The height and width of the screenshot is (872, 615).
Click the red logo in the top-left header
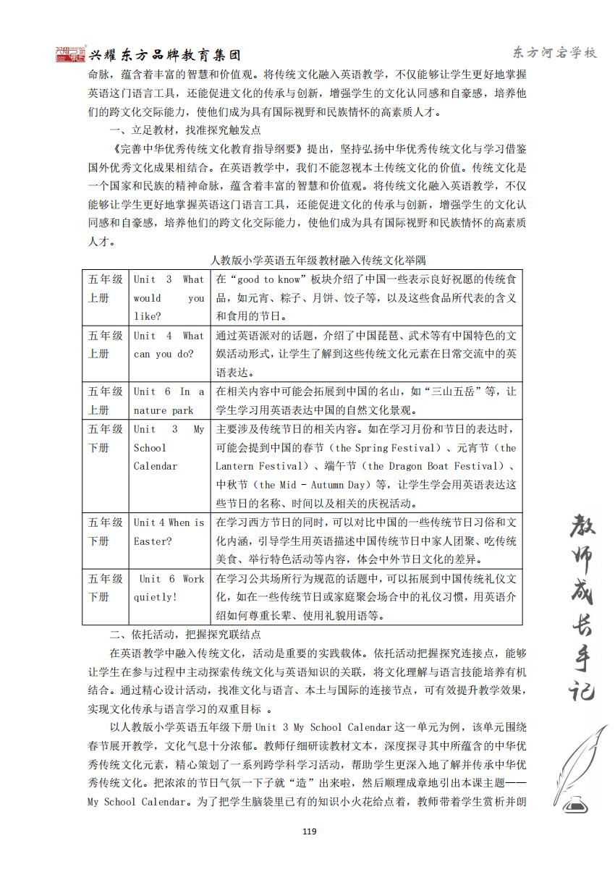click(x=71, y=54)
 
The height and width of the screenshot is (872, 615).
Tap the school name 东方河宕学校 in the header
click(x=553, y=53)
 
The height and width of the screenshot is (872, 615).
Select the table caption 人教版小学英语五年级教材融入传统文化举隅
click(x=307, y=260)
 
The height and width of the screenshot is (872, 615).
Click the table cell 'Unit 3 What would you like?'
click(x=169, y=297)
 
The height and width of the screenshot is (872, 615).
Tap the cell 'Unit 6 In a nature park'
click(x=169, y=401)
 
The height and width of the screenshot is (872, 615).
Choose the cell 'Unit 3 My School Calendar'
click(x=169, y=447)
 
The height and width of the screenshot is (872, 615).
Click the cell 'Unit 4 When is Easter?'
click(x=169, y=531)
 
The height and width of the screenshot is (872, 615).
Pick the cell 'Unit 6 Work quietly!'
click(x=169, y=588)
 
